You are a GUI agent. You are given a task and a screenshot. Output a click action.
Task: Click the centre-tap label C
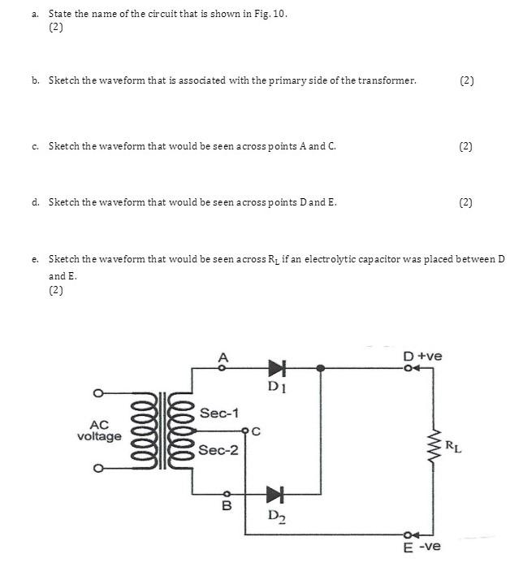click(x=255, y=431)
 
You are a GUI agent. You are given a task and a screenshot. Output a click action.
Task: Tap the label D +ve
click(x=422, y=356)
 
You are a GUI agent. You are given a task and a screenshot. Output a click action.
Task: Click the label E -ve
click(x=422, y=547)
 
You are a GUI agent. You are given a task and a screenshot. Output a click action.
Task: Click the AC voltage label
click(x=99, y=431)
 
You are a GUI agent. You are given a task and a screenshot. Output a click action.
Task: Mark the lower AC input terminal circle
click(x=98, y=469)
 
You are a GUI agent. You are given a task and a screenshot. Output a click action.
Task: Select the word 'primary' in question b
click(x=276, y=80)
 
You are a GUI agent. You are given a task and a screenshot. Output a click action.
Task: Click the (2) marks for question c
click(x=465, y=146)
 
